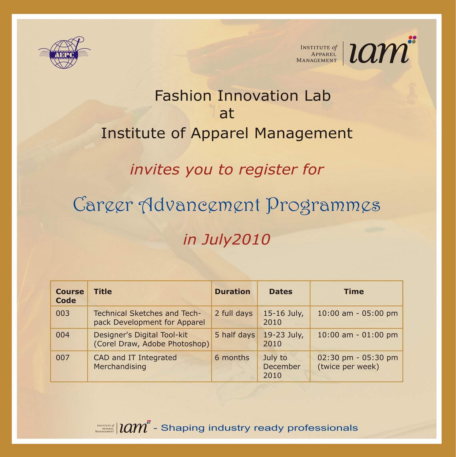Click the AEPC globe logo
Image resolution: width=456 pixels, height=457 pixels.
tap(64, 53)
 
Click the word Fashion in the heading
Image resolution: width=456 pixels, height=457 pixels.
tap(183, 96)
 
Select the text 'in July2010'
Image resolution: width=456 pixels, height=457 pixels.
tap(226, 239)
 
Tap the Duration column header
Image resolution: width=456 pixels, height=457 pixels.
tap(232, 292)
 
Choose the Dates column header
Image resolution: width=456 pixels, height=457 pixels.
tap(280, 292)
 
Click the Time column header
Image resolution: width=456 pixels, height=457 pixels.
tap(353, 292)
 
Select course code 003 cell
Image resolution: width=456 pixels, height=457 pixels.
tap(63, 313)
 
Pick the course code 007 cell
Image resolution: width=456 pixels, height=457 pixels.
tap(63, 358)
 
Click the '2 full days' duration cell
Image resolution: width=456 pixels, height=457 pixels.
tap(234, 313)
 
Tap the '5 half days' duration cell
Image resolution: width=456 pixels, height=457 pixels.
tap(234, 335)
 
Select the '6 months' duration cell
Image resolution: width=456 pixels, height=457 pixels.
tap(232, 358)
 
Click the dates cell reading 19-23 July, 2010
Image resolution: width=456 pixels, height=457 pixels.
tap(283, 339)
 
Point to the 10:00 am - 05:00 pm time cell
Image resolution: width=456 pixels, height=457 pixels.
tap(357, 313)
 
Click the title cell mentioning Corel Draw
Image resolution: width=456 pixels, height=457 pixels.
tap(151, 339)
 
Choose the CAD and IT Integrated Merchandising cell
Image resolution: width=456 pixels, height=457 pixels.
tap(135, 362)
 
